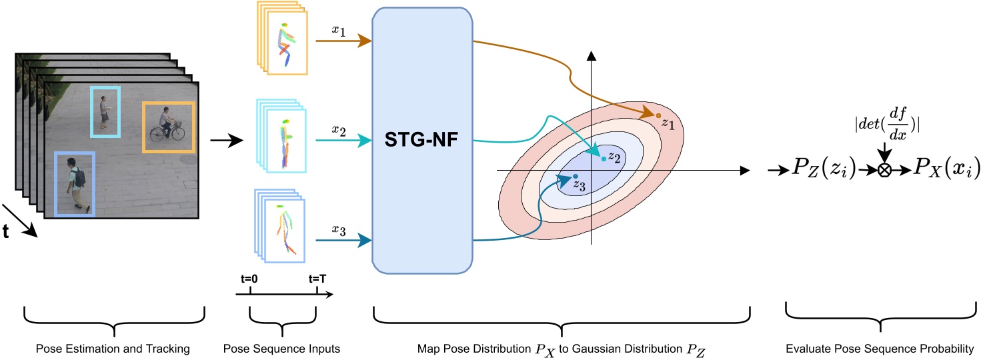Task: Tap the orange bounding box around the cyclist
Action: coord(168,127)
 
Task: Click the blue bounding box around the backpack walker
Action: coord(74,184)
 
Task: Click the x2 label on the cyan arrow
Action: coord(338,130)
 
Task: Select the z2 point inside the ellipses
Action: coord(604,159)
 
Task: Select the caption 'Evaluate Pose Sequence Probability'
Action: coord(880,348)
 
